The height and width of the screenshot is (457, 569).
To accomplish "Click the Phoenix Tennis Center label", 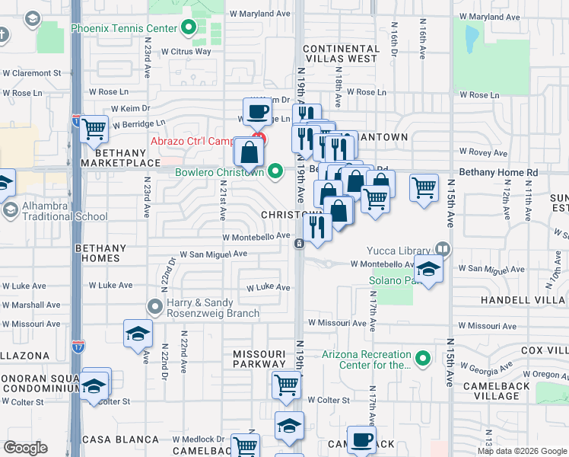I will pos(124,29).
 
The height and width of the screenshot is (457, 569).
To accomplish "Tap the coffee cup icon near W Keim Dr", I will pos(257,112).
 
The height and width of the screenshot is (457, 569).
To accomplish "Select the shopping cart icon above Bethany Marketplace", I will pos(94,129).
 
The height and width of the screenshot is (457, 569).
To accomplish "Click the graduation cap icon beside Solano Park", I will pos(428,270).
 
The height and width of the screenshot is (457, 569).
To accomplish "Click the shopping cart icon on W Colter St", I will pos(286,385).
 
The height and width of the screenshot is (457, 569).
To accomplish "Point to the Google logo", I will pos(25,447).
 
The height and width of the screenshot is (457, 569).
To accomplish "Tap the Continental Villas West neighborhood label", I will pos(340,53).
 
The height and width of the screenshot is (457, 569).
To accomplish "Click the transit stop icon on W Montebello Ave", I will pos(300,243).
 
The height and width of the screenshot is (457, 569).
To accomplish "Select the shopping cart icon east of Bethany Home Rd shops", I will pos(424,187).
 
